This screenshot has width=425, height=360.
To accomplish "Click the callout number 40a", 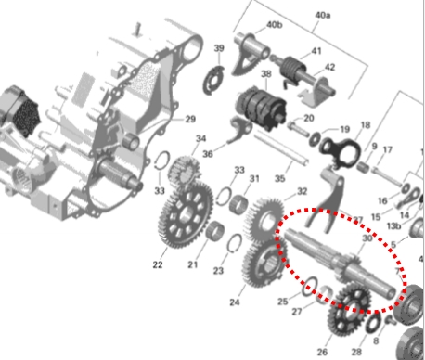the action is (323, 15).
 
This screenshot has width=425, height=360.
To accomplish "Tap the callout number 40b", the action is (274, 25).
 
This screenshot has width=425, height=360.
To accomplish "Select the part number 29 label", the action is (190, 119).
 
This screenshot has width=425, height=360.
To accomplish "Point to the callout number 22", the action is (158, 264).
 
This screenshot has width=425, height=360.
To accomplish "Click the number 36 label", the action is (208, 154).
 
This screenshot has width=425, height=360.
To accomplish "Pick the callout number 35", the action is (279, 178).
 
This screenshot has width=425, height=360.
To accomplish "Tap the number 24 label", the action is (235, 302).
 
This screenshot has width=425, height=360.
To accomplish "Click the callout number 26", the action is (322, 352).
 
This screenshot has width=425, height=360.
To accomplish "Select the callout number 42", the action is (330, 67).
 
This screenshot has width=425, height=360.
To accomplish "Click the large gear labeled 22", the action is (186, 215).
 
